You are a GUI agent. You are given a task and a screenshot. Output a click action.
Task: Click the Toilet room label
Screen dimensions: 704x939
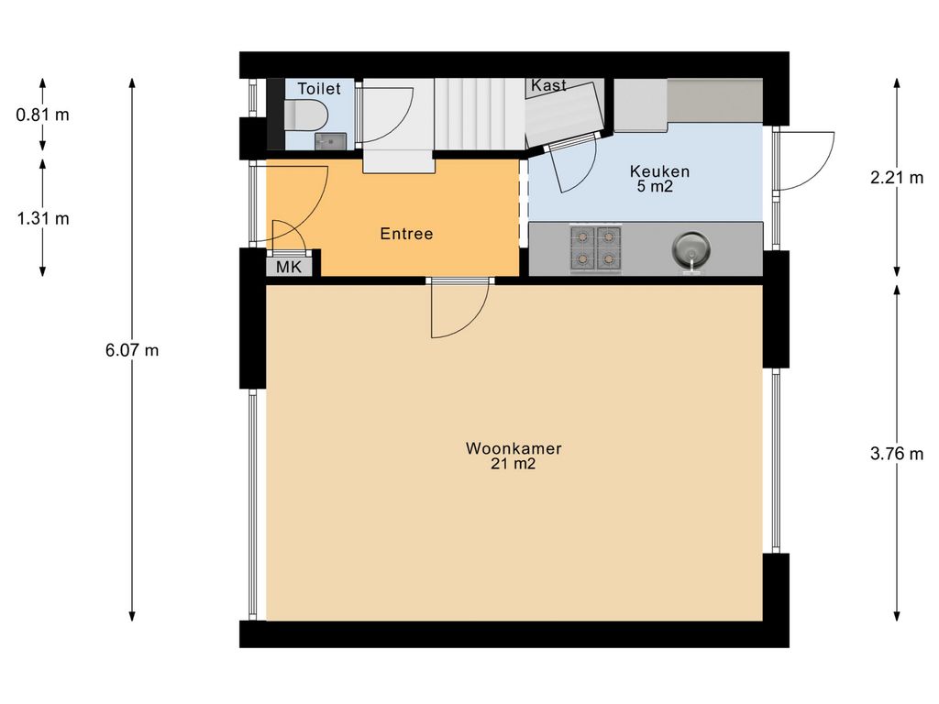[318, 89]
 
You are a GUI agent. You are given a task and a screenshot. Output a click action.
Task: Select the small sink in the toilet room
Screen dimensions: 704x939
[331, 140]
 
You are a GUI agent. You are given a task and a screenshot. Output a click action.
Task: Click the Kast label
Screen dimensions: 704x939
[549, 85]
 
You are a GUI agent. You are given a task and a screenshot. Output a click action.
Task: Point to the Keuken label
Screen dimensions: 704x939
[659, 171]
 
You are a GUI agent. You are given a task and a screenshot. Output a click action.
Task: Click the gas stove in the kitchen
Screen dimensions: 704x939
[597, 248]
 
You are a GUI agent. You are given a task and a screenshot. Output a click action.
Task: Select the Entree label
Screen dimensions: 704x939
[406, 234]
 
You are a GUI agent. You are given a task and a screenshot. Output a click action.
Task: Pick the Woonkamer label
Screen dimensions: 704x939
[514, 449]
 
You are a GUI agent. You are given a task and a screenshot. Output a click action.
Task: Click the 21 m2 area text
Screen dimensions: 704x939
[514, 465]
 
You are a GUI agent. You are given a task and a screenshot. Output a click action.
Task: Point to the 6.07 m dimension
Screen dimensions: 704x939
[132, 350]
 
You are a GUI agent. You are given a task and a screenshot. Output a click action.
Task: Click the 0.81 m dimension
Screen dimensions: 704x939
[42, 115]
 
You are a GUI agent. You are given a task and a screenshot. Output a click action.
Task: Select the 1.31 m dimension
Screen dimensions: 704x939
[42, 218]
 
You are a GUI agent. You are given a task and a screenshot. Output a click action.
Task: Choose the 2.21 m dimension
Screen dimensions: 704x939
[896, 178]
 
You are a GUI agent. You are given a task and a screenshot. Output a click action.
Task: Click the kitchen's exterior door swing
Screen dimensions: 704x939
[804, 160]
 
